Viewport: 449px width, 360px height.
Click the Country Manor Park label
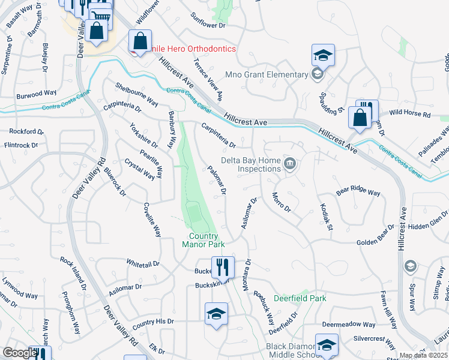coord(203,240)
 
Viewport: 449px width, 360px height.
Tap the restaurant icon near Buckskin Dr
coord(223,266)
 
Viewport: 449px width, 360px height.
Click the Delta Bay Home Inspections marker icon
coord(291,163)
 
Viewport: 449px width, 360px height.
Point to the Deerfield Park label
coord(300,298)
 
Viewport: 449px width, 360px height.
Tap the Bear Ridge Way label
coord(358,192)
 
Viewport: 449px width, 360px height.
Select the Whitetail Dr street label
coord(142,263)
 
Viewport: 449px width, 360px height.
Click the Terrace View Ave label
coord(208,79)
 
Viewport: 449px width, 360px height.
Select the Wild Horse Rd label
coord(410,113)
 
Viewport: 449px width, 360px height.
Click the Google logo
coord(19,353)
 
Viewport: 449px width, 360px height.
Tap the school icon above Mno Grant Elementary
coord(323,56)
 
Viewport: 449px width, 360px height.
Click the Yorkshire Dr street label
coord(144,136)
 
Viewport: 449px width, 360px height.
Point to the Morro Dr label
coord(281,202)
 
